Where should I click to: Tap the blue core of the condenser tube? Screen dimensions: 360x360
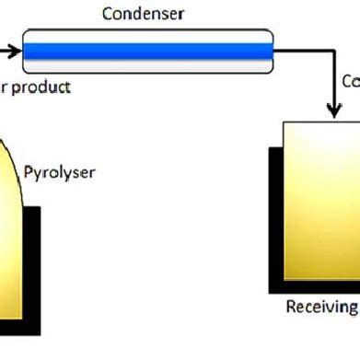click(x=147, y=52)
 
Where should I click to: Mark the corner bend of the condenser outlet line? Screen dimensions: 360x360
click(x=332, y=52)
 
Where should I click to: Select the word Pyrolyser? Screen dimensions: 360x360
click(x=60, y=172)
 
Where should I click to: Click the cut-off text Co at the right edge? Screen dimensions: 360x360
click(x=350, y=80)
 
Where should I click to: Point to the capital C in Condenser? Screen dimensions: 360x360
click(x=107, y=13)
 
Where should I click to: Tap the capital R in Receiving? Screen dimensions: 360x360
click(x=290, y=307)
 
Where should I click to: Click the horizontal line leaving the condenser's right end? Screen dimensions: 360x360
click(x=304, y=52)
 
